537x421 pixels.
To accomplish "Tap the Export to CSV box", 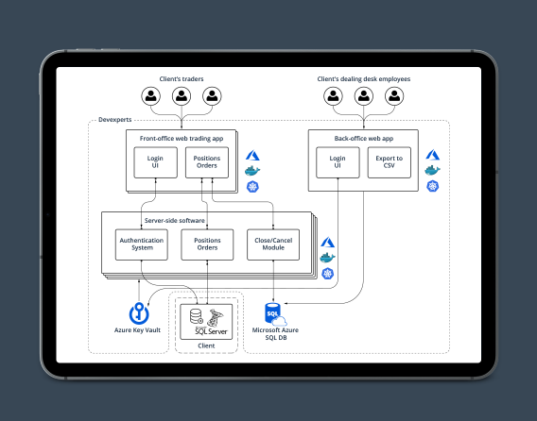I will (389, 162).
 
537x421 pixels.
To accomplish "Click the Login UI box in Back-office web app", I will (338, 162).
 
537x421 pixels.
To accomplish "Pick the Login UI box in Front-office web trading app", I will (156, 162).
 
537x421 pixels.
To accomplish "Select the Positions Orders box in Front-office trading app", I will (207, 162).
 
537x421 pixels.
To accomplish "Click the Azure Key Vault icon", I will (140, 312).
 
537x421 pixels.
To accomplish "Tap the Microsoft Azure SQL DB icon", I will (273, 312).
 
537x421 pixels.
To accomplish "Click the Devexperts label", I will (116, 121).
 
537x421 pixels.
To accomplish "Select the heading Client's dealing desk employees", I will (363, 79).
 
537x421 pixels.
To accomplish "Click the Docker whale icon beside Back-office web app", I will (432, 170).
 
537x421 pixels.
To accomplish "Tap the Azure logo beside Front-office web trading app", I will (252, 154).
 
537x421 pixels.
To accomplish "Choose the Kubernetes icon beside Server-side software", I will (327, 273).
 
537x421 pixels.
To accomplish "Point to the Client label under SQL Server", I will (206, 346).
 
